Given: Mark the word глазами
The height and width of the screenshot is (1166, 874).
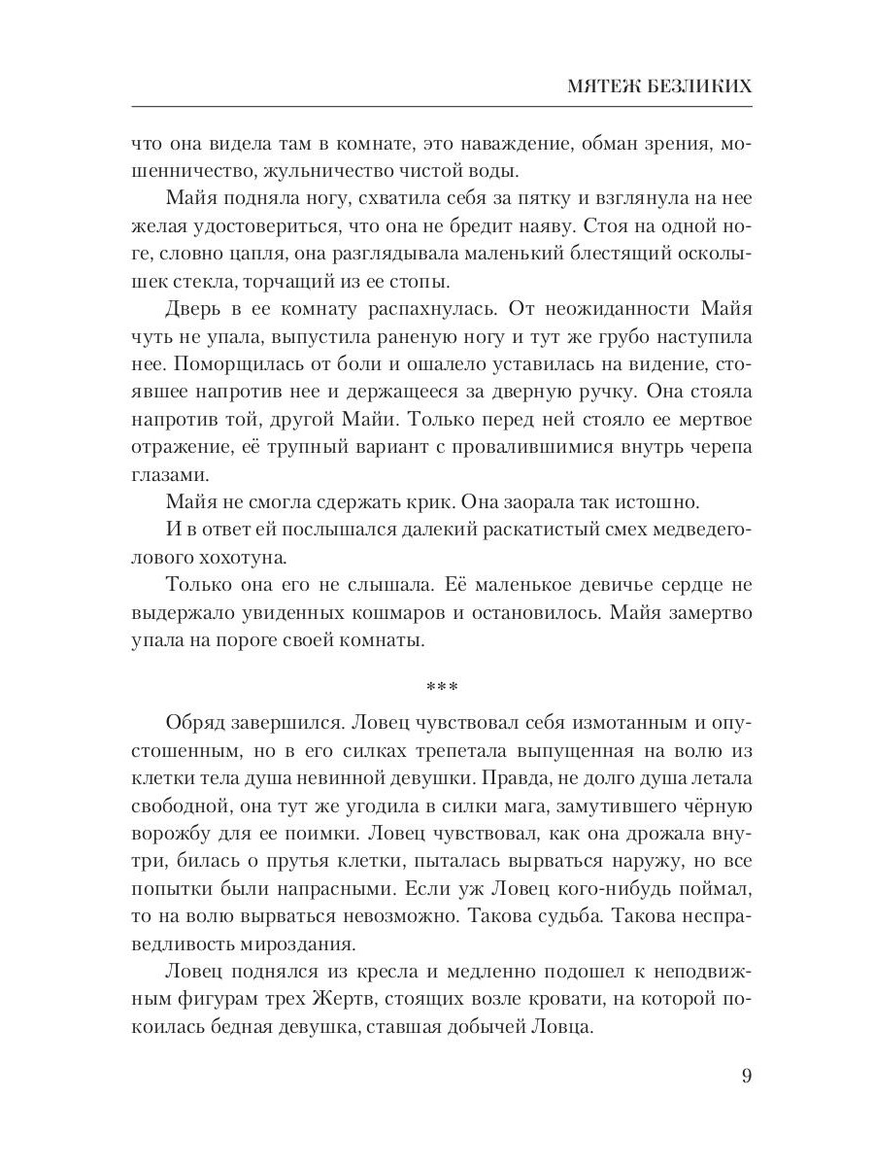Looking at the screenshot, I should click(x=166, y=475).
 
